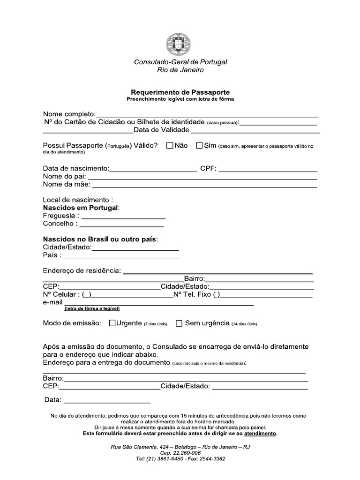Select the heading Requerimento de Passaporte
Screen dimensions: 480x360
click(180, 92)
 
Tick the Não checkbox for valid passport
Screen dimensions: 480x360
click(170, 146)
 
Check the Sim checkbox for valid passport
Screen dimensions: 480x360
click(199, 146)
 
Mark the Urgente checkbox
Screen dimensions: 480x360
click(112, 323)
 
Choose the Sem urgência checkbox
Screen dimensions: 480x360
click(179, 323)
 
